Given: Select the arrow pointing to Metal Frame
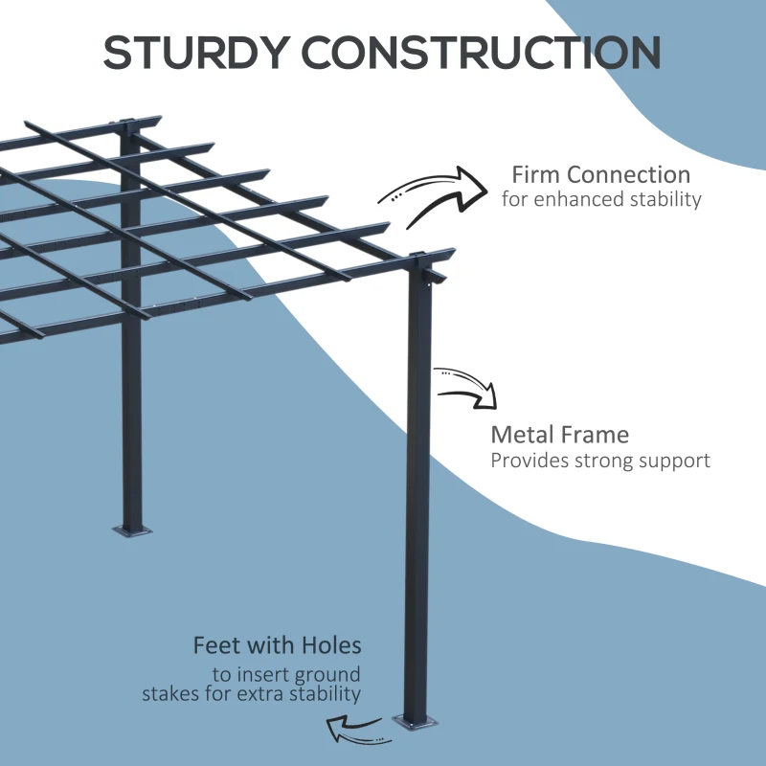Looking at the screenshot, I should [468, 387].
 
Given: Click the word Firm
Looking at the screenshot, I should [536, 175].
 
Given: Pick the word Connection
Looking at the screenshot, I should [628, 175].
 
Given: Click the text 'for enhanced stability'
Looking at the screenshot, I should [601, 200].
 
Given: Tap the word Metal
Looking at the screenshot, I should [523, 436].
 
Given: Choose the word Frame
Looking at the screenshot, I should [595, 436].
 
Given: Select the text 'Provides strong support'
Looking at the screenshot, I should [600, 461].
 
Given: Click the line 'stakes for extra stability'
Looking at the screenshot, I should [252, 694].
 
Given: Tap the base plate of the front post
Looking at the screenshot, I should [418, 724].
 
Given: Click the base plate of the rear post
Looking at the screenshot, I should [133, 528].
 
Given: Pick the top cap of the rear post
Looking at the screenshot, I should [127, 123].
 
